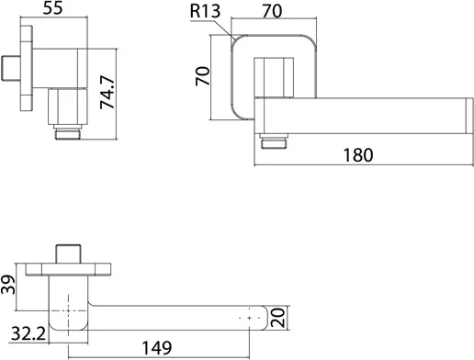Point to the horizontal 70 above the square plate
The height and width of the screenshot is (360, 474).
[271, 12]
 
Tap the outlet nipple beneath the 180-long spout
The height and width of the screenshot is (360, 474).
[272, 141]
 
